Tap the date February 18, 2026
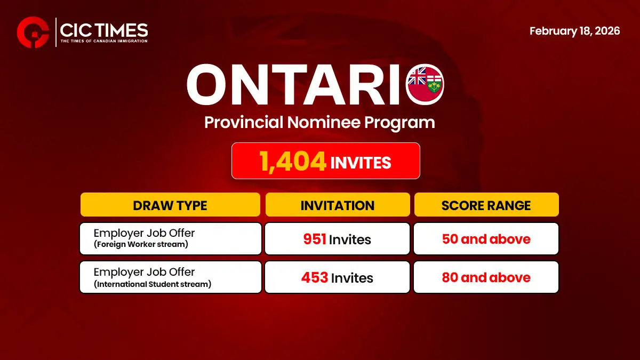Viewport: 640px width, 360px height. (574, 31)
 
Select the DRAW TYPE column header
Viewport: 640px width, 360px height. (170, 205)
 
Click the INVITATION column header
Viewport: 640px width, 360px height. (337, 205)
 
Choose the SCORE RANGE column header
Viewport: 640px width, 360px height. (486, 205)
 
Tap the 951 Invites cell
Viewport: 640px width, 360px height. (338, 239)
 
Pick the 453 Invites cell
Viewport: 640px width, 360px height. (337, 277)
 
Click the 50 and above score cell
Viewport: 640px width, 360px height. (486, 239)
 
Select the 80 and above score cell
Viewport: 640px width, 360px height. (486, 277)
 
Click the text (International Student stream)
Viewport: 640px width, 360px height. (153, 284)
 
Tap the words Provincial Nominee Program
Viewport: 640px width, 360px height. (319, 122)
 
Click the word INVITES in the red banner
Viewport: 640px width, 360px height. (361, 163)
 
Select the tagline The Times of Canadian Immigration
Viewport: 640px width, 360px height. (103, 41)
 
